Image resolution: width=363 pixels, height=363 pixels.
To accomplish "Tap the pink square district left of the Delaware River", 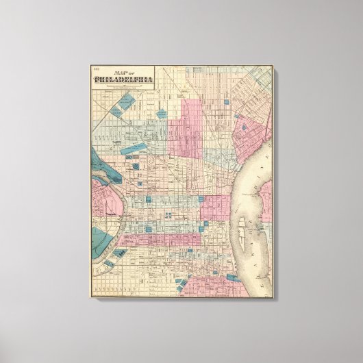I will [x=216, y=205].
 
